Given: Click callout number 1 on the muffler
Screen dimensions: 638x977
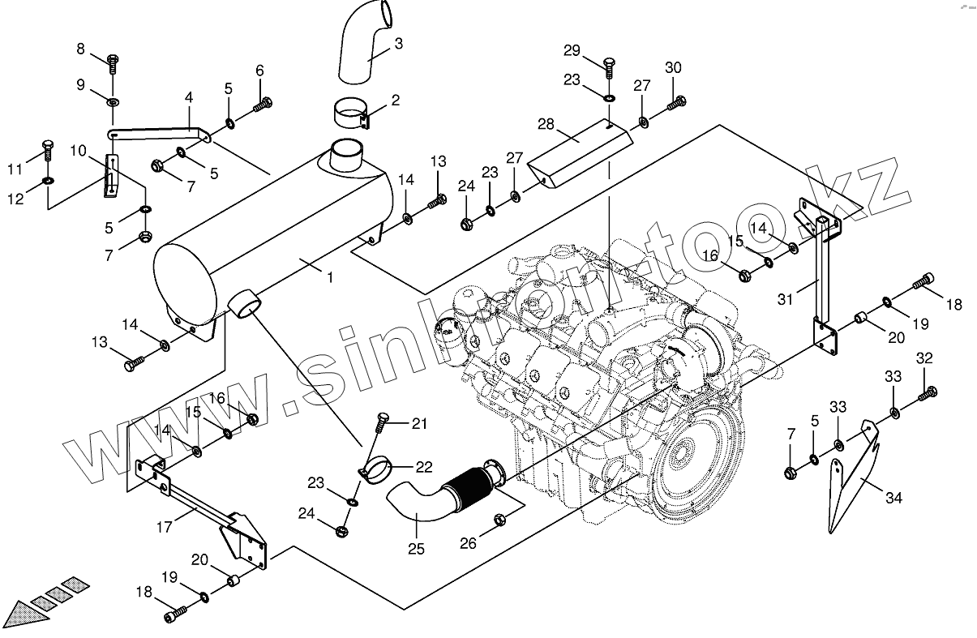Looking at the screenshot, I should click(x=330, y=277).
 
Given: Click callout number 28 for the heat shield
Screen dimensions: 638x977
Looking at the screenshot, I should click(x=546, y=123).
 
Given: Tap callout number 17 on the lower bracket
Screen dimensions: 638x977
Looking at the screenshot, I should click(x=164, y=527).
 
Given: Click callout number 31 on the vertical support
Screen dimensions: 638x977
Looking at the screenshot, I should click(x=784, y=298).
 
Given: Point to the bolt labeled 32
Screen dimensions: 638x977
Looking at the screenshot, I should click(x=928, y=395).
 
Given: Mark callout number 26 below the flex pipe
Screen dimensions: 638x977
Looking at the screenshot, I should click(x=468, y=544).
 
